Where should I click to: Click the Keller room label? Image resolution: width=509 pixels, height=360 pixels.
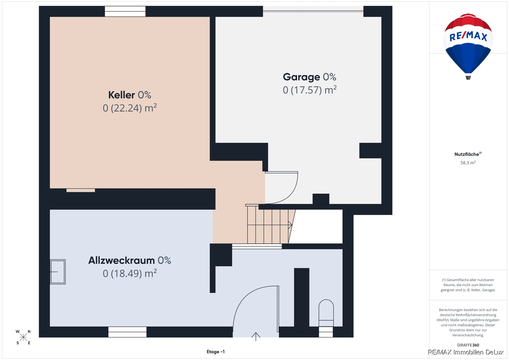coord(129,95)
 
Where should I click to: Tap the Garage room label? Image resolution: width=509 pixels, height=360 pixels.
coord(310,77)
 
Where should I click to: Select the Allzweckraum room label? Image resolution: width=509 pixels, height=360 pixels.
coord(129,260)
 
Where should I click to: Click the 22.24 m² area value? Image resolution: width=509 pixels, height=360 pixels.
coord(129,108)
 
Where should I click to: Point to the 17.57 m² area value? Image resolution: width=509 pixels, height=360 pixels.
coord(310,90)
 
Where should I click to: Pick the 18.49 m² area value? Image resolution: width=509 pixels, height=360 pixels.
coord(129,273)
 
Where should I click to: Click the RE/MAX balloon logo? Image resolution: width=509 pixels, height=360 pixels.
coord(468,46)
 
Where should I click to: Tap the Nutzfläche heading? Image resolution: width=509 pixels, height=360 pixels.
coord(468,154)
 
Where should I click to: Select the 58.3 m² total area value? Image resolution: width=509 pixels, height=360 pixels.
coord(468,163)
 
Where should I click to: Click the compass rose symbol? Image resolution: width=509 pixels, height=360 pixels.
coord(23,337)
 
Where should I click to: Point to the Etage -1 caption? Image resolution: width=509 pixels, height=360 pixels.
coord(215,352)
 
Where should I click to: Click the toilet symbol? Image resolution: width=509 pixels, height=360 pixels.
coord(326,313)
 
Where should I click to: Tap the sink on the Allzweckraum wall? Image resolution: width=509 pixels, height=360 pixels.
coord(58,272)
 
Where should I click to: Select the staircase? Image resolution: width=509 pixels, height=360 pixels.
coord(270,224)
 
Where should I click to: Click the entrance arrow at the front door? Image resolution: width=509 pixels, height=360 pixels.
coord(256,337)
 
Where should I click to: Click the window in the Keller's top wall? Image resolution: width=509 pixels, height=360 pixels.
coord(125,11)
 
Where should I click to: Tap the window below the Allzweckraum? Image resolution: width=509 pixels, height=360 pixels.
coord(127,332)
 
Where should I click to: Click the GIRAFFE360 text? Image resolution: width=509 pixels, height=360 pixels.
coord(468,345)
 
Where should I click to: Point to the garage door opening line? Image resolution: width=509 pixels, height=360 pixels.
coord(313,11)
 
